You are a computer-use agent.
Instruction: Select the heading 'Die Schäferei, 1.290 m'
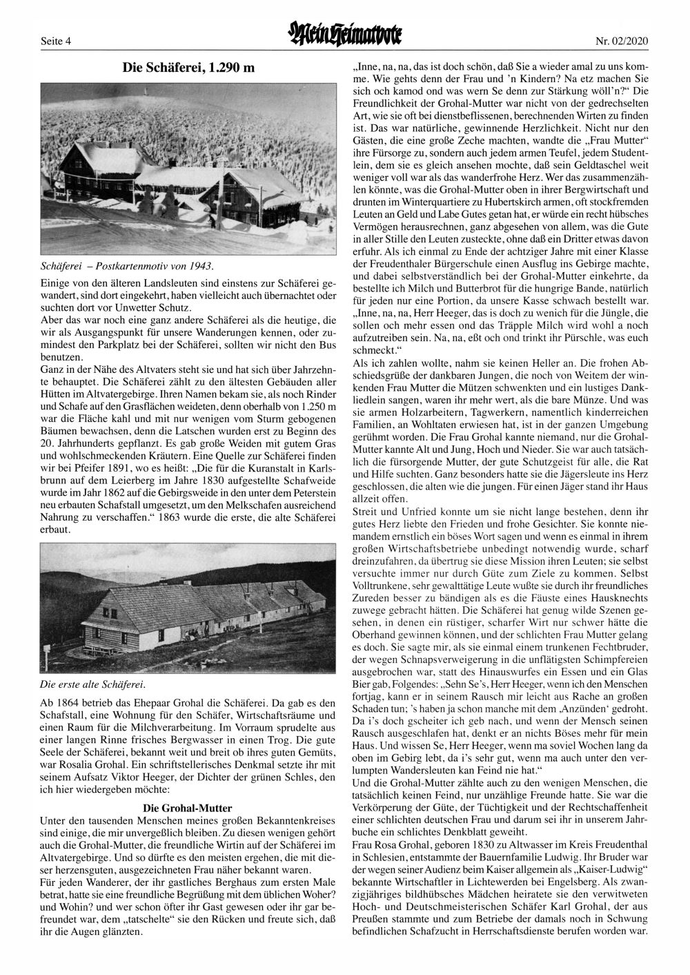[x=188, y=68]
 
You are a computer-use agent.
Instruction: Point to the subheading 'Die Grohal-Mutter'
[x=187, y=808]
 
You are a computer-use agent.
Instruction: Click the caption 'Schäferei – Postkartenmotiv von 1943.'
[x=126, y=266]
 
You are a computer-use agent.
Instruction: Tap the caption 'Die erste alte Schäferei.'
[x=94, y=685]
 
